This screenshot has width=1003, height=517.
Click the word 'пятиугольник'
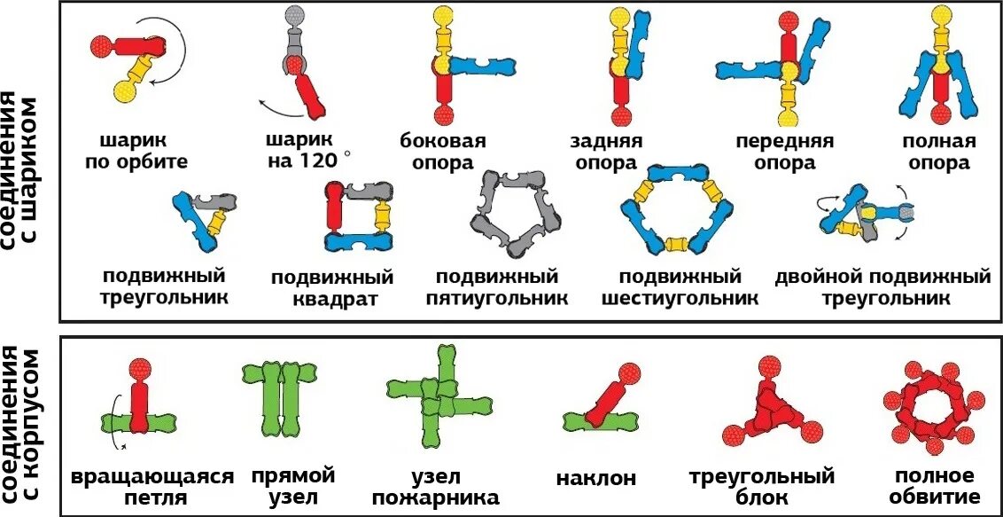point(496,298)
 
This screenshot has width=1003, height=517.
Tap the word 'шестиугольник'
point(680,298)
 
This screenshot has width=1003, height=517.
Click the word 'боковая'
point(443,141)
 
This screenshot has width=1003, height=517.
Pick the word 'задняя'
point(606,141)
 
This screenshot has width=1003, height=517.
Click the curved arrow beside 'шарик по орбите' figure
point(184,59)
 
